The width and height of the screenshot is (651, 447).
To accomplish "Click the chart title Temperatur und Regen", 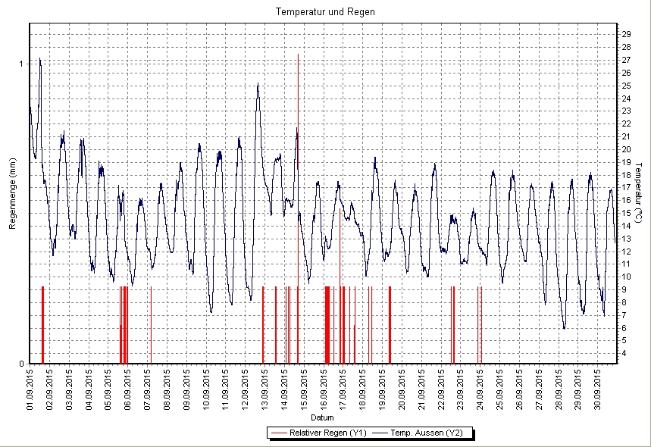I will (325, 12).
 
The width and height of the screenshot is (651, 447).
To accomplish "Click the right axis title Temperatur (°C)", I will (639, 193).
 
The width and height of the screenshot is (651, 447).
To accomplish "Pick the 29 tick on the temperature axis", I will (626, 34).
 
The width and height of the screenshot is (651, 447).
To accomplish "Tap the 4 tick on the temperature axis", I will (624, 354).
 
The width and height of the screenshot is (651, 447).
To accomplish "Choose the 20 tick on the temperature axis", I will (626, 149).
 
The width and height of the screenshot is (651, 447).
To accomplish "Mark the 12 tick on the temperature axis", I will (626, 252).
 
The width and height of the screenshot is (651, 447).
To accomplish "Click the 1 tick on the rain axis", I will (21, 64).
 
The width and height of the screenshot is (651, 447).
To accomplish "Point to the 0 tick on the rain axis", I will (21, 364).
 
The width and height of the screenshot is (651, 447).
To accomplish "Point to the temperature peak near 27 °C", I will (39, 59).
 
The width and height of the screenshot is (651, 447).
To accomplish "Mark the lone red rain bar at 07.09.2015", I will (151, 326).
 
